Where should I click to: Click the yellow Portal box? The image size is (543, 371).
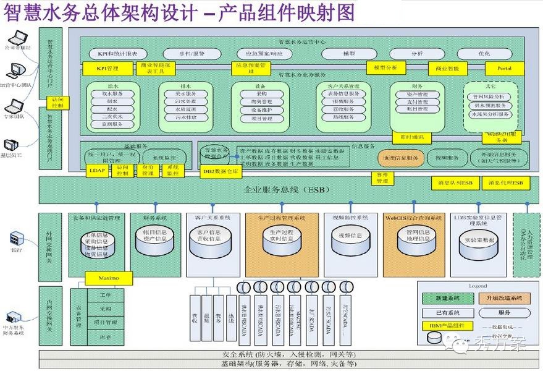pyautogui.click(x=503, y=68)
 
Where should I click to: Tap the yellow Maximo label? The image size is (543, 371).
pyautogui.click(x=108, y=276)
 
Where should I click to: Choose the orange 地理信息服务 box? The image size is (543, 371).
pyautogui.click(x=400, y=158)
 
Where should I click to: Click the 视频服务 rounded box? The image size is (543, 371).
pyautogui.click(x=444, y=158)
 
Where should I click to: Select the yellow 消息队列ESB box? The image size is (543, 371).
pyautogui.click(x=454, y=184)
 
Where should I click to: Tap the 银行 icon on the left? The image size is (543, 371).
pyautogui.click(x=17, y=238)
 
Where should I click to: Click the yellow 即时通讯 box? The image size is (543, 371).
pyautogui.click(x=412, y=137)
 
